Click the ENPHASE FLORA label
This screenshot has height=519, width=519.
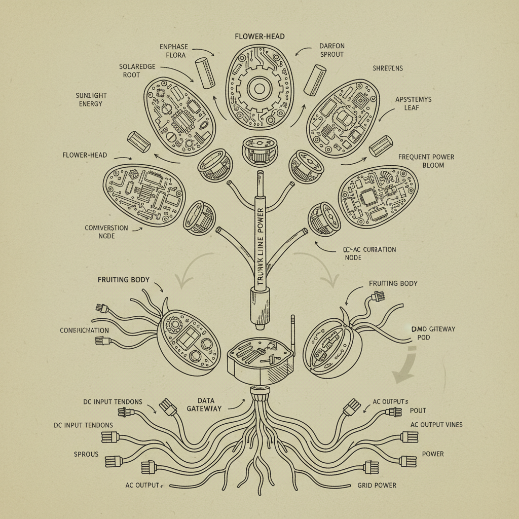coord(173,51)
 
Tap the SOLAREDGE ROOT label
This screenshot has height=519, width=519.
coord(138,70)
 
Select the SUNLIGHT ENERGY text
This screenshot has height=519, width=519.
coord(91,99)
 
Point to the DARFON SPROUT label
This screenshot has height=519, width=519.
coord(331,50)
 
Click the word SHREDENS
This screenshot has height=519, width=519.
coord(388,68)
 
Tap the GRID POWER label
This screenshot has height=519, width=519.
coord(377,485)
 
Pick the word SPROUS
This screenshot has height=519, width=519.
coord(86,454)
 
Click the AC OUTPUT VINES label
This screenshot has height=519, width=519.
coord(436,424)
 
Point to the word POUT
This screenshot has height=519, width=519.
coord(418,411)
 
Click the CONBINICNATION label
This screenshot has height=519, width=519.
coord(84,330)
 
